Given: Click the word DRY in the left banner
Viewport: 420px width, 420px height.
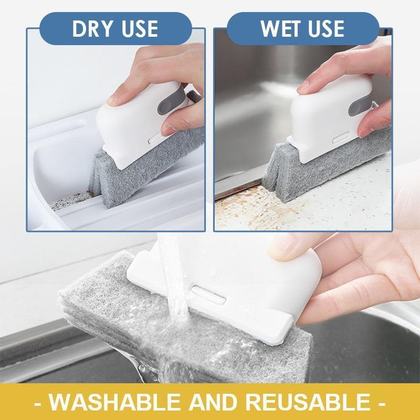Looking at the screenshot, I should (x=91, y=29).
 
